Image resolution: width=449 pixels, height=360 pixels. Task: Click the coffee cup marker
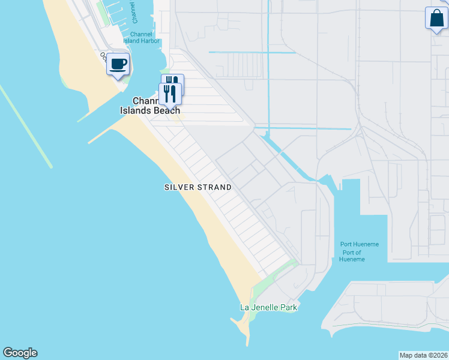click(118, 64)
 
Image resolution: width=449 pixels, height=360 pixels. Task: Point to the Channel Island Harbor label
click(141, 38)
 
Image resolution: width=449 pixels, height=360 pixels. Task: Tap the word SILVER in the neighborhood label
click(179, 187)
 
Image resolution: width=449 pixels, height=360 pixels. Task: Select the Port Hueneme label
click(359, 244)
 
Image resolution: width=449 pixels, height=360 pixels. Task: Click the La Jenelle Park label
click(269, 307)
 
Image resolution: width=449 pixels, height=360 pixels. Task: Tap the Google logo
click(20, 353)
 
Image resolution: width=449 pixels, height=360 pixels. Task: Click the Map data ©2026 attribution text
click(423, 355)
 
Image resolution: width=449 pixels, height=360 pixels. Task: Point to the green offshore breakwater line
click(27, 127)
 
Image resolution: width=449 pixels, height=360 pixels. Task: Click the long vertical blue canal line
click(268, 72)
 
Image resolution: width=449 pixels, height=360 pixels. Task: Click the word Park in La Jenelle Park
click(288, 307)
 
